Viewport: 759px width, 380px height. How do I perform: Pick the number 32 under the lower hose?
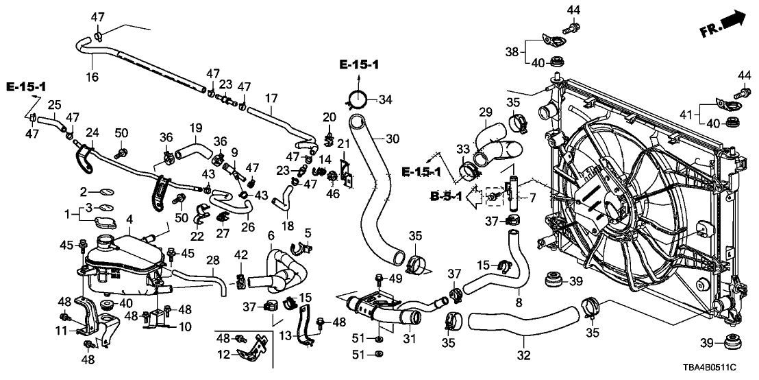(x=524, y=356)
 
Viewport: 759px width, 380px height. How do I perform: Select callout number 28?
(x=213, y=261)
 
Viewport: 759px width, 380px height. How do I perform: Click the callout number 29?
(x=485, y=112)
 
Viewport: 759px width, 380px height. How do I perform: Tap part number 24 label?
(x=91, y=131)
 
